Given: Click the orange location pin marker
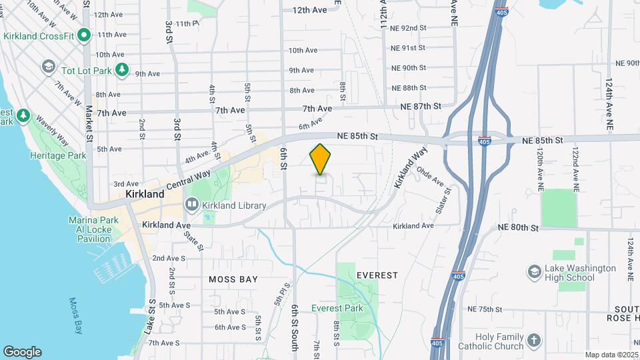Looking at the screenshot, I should [321, 159].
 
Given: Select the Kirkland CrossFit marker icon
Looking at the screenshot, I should [84, 35].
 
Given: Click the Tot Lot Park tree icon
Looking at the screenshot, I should [121, 69].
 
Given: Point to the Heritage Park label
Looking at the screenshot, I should [58, 155].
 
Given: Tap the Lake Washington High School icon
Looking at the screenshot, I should [534, 272].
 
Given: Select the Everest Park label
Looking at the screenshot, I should [337, 308].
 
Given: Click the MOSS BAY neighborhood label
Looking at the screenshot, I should [233, 279].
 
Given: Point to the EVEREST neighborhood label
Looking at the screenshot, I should [377, 275].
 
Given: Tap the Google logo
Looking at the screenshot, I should [22, 352].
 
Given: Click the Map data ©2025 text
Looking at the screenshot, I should [611, 355].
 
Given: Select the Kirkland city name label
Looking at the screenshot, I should [145, 194].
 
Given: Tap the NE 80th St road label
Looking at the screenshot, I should [518, 228].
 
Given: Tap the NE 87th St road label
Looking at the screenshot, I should [421, 106].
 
